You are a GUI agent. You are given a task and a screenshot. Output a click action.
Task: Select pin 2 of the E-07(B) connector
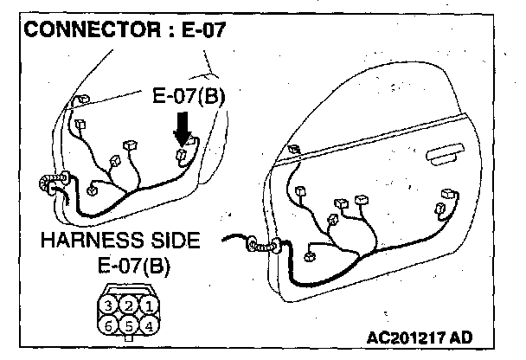(128, 305)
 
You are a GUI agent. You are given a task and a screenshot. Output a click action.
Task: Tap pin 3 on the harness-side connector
(108, 305)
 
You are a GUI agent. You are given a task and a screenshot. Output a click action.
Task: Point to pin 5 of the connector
(128, 325)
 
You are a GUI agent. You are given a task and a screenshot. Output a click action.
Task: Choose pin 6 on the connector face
(108, 325)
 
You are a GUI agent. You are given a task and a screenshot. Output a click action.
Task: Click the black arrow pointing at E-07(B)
(183, 131)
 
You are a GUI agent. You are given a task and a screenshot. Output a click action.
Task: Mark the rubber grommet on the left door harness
(45, 184)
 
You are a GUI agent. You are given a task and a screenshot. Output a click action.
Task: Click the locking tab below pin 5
(128, 339)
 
